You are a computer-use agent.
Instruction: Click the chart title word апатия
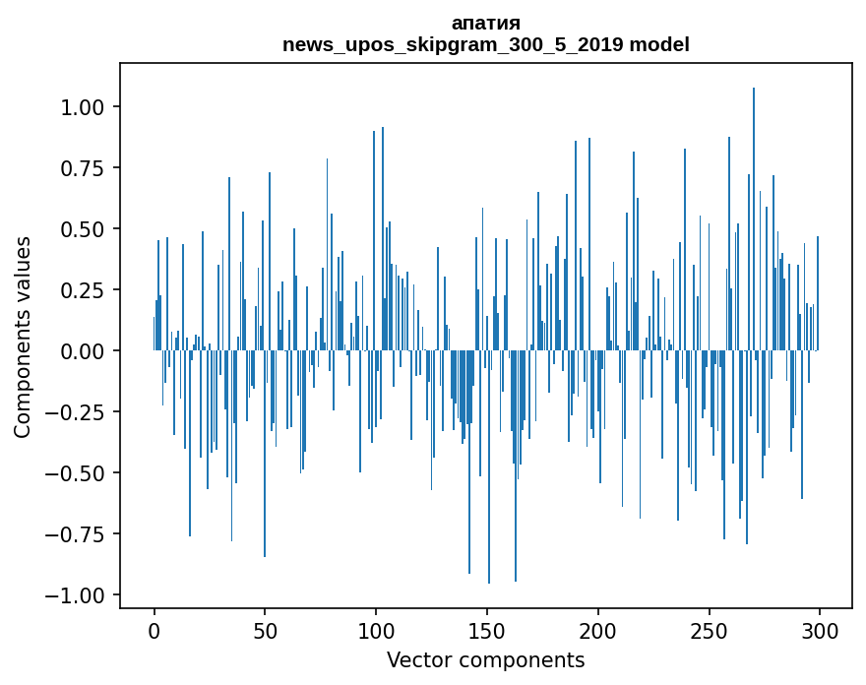click(x=485, y=23)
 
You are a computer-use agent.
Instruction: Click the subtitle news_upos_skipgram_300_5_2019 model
click(x=485, y=44)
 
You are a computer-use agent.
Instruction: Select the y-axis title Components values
click(x=23, y=337)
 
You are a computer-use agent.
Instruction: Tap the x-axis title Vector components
click(x=485, y=660)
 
